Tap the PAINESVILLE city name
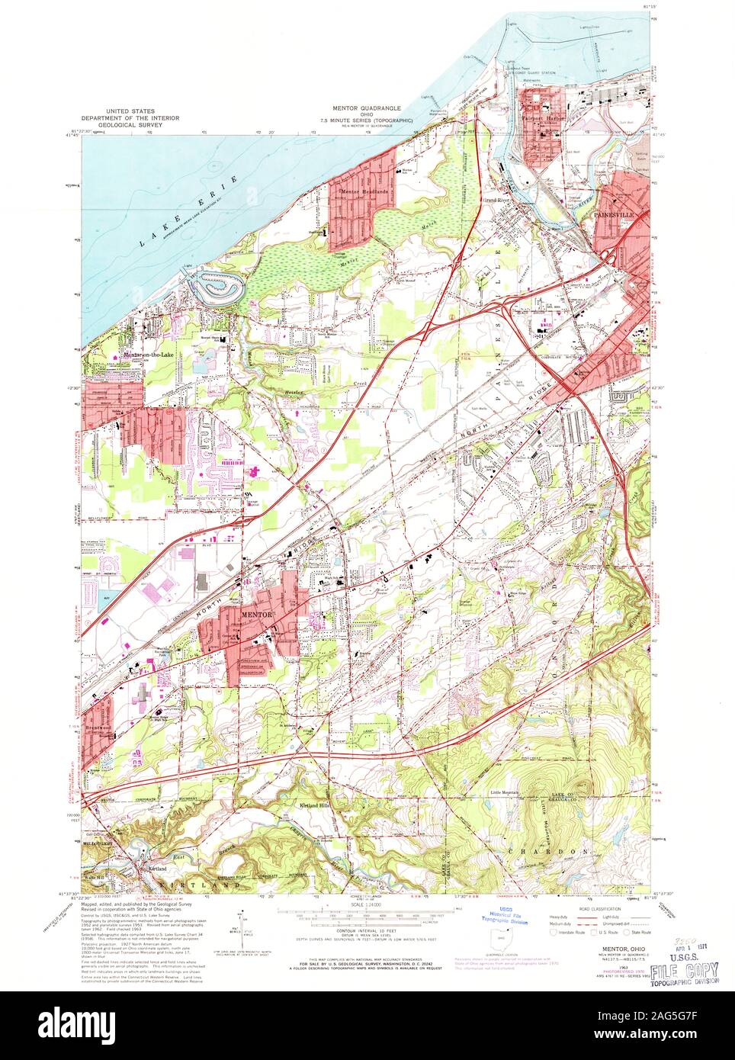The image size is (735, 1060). click(612, 217)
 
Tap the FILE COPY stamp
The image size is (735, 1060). click(684, 969)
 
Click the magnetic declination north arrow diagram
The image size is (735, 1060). click(242, 923)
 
